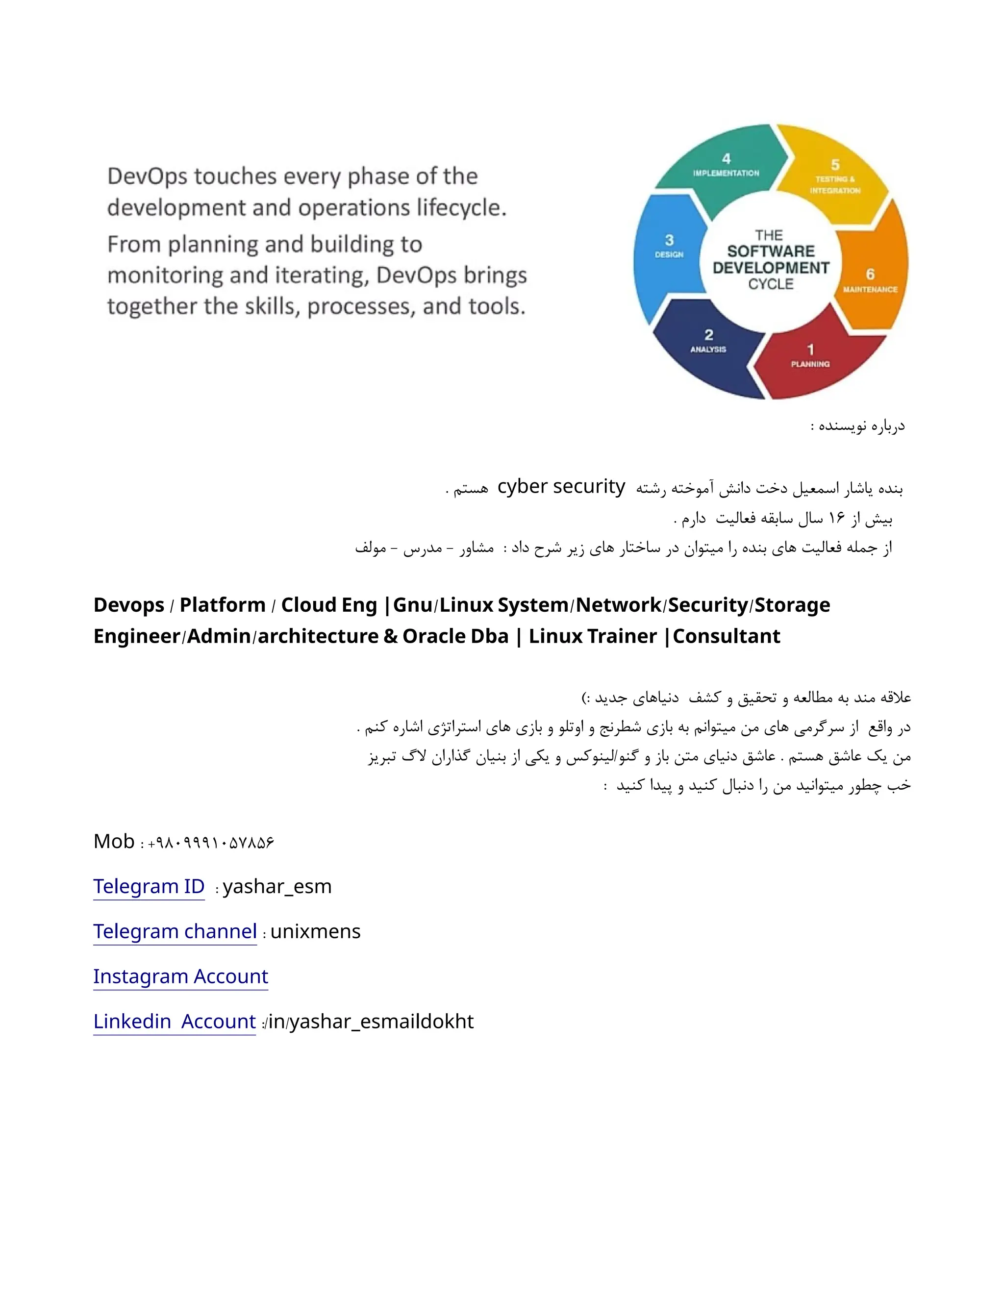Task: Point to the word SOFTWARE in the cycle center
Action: click(x=770, y=251)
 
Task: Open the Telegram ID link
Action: click(x=149, y=886)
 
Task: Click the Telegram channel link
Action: click(x=175, y=931)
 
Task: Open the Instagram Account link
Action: click(x=180, y=976)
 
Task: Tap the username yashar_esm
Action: click(x=277, y=886)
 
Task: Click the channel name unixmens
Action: click(x=315, y=931)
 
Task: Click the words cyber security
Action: click(x=561, y=487)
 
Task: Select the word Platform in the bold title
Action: click(x=223, y=605)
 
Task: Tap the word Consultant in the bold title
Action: click(x=726, y=636)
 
